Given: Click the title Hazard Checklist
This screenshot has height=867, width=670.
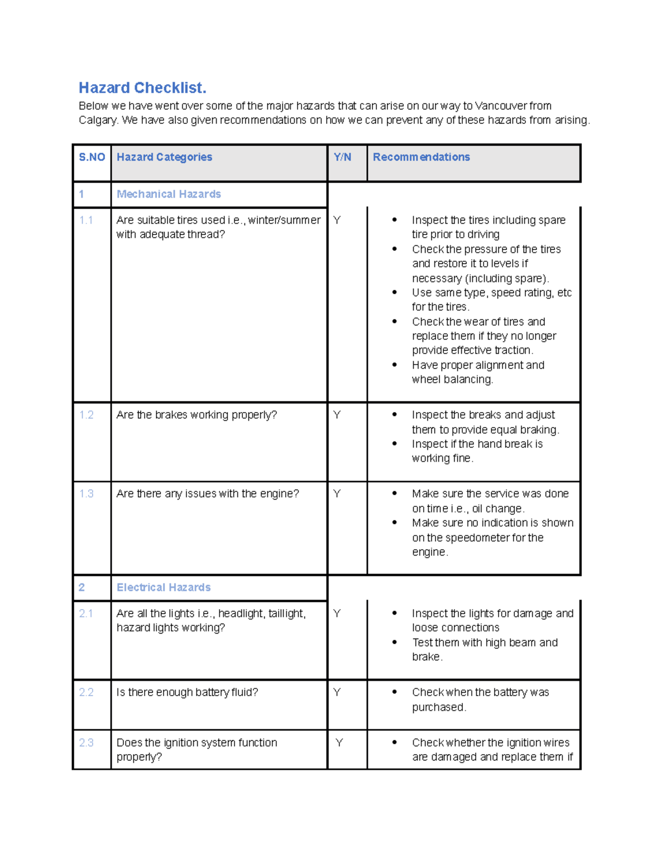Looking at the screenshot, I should point(142,88).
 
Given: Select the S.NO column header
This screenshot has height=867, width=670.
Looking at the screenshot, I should point(92,157).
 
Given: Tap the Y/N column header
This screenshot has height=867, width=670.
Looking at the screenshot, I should point(342,157).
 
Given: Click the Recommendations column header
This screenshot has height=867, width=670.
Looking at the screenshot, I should point(421,157).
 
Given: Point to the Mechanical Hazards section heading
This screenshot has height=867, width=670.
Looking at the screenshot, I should point(169,194).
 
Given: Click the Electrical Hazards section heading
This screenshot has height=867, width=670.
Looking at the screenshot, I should point(163,587).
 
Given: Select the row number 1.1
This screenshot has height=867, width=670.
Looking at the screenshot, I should point(86,220).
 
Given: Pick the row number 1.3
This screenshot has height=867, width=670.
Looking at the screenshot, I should point(86,494).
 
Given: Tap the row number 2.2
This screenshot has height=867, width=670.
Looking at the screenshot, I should point(86,692).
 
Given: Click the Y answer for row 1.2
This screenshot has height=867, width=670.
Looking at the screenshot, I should point(337,415).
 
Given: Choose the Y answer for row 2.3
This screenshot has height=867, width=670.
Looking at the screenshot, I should point(339,743).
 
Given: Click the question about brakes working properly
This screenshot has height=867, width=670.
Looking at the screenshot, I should point(197,415).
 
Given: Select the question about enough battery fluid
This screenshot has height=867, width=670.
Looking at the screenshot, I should point(187,692).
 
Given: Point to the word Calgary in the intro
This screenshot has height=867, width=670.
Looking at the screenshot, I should point(98,120).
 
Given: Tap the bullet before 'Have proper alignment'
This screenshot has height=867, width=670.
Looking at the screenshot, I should point(394,365).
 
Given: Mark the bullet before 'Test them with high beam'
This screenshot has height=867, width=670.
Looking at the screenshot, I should point(394,642).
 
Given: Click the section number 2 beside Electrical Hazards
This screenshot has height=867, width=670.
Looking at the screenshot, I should point(82,587).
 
